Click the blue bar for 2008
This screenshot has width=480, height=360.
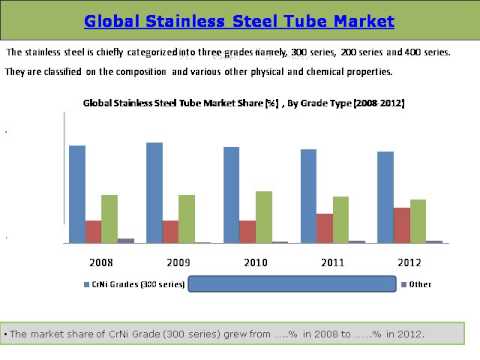pos(77,194)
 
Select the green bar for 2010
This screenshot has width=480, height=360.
pos(264,217)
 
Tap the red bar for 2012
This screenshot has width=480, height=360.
pos(402,225)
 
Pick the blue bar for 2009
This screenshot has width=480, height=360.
pos(154,192)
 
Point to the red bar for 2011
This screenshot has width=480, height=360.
pos(325,228)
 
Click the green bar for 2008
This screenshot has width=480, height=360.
pos(109,218)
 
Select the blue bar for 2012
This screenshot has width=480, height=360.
pos(386,197)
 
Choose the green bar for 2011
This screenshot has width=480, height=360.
pos(341,219)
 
